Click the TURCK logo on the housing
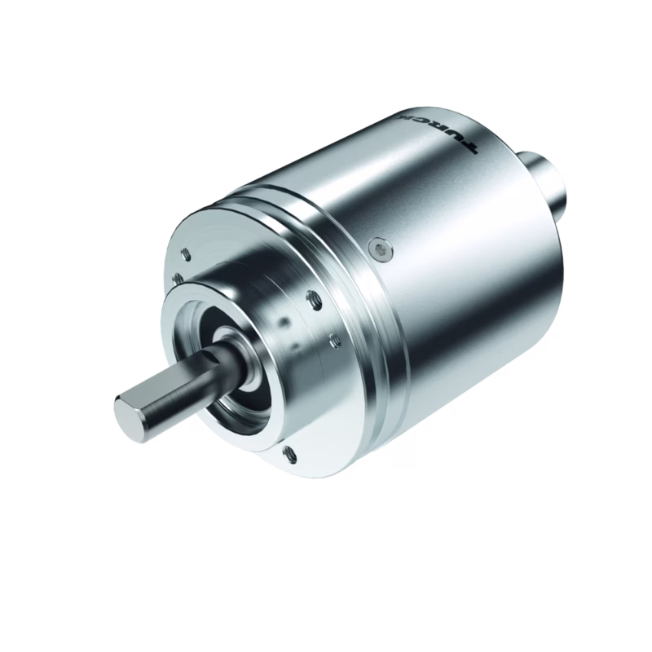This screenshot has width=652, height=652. (x=438, y=132)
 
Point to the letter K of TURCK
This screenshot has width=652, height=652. (x=403, y=116)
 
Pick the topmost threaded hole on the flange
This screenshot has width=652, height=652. (x=186, y=253)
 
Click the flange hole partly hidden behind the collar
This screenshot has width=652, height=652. (x=178, y=278)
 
